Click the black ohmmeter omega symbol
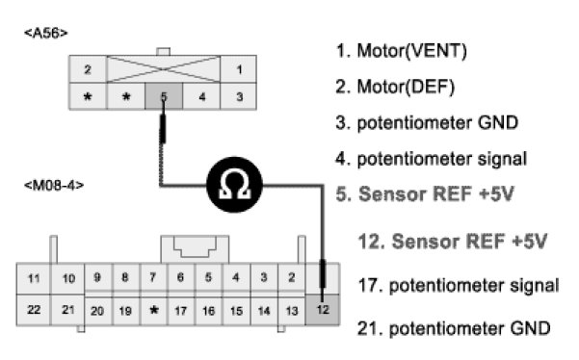(x=234, y=185)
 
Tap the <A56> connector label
(x=46, y=33)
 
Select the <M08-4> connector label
(x=54, y=185)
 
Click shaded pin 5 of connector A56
(x=164, y=96)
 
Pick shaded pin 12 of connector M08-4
(x=323, y=310)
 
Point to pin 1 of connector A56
(x=239, y=69)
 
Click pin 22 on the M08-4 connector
(x=34, y=310)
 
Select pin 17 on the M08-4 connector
(x=180, y=311)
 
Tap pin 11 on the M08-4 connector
(x=34, y=278)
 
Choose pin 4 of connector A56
(x=201, y=96)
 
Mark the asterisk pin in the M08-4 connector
(x=154, y=310)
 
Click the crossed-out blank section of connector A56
(x=163, y=69)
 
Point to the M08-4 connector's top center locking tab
(x=195, y=249)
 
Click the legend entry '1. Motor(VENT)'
(x=402, y=51)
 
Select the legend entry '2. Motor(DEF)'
(x=395, y=87)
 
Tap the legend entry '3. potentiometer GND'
(x=427, y=123)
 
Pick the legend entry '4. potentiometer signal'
(x=432, y=159)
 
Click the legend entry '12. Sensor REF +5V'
(x=453, y=242)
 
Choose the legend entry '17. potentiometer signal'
(x=459, y=286)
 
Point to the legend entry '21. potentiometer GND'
(x=454, y=328)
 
